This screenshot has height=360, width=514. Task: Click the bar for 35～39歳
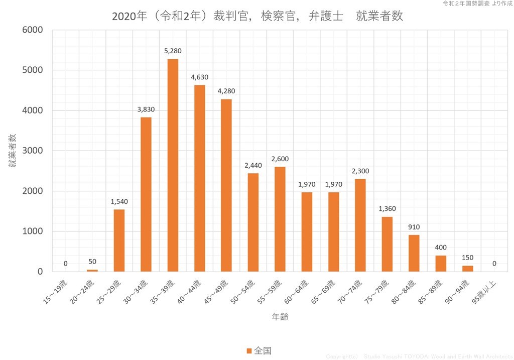tap(173, 166)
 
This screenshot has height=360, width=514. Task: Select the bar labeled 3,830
tap(146, 194)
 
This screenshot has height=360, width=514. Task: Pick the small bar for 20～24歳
tap(92, 271)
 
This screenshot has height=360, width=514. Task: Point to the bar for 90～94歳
tap(467, 269)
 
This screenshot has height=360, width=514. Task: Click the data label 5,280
tap(173, 51)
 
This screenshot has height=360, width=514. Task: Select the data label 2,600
tap(280, 159)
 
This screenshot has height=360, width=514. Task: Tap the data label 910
tap(414, 227)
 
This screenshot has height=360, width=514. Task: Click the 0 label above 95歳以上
tap(494, 264)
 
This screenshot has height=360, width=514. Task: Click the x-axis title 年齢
tap(280, 317)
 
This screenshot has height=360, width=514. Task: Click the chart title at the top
tap(257, 16)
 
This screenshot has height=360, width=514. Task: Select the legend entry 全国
tap(259, 350)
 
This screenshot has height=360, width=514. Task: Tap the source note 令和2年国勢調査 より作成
tap(477, 4)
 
